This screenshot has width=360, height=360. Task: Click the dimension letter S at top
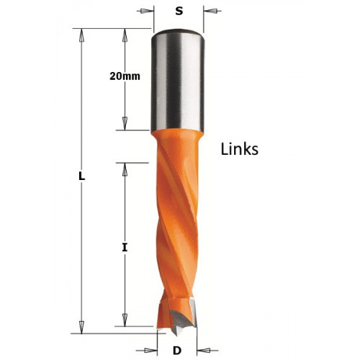[x=179, y=11]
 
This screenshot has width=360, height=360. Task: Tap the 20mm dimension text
[x=125, y=76]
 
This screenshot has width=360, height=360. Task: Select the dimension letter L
[x=82, y=176]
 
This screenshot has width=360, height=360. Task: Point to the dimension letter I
[x=125, y=248]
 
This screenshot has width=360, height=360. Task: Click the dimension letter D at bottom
[x=177, y=351]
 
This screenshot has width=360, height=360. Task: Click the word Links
[x=239, y=149]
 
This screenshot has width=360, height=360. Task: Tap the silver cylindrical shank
[x=177, y=81]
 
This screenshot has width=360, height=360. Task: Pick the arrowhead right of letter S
[x=210, y=11]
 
